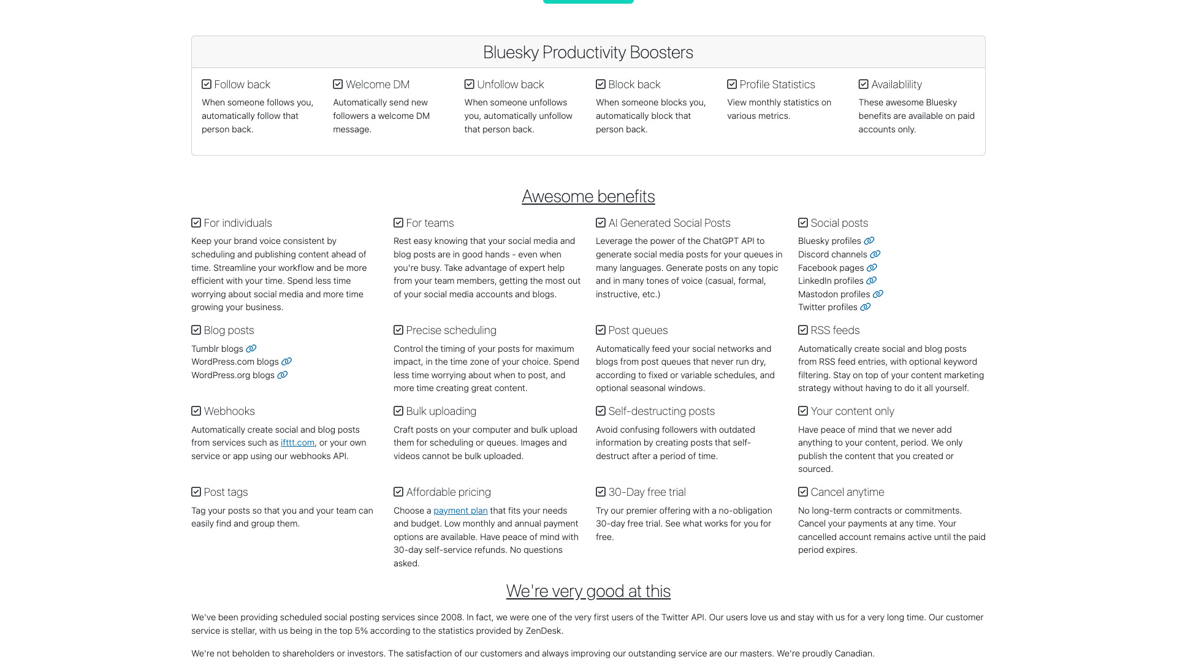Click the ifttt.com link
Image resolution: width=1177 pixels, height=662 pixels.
[x=297, y=443]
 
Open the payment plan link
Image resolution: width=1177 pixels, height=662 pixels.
[x=460, y=511]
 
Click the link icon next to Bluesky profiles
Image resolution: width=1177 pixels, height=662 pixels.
[x=869, y=241]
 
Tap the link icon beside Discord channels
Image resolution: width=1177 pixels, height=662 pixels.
[x=875, y=254]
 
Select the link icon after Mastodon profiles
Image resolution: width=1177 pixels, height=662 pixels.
[x=878, y=294]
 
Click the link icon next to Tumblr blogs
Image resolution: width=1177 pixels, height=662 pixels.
[x=251, y=349]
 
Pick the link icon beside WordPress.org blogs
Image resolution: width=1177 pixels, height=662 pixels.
[x=282, y=375]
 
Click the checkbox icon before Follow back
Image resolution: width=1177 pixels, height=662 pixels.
[x=207, y=85]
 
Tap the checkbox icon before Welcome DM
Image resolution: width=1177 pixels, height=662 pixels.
[x=338, y=85]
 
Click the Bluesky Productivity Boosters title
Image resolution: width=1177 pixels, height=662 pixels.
[x=588, y=52]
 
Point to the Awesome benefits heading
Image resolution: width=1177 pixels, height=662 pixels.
[x=588, y=196]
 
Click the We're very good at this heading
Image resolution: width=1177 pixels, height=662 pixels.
[x=588, y=591]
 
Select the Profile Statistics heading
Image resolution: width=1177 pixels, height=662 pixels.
[x=777, y=85]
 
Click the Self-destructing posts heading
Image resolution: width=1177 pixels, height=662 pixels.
[x=661, y=411]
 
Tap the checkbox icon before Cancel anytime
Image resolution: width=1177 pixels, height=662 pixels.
[x=803, y=492]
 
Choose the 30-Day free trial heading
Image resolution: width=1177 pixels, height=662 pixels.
[x=647, y=492]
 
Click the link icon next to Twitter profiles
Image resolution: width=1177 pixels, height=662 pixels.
[x=865, y=307]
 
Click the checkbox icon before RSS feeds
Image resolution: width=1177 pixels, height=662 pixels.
[x=803, y=330]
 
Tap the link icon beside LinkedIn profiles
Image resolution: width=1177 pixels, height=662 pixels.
[x=871, y=281]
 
